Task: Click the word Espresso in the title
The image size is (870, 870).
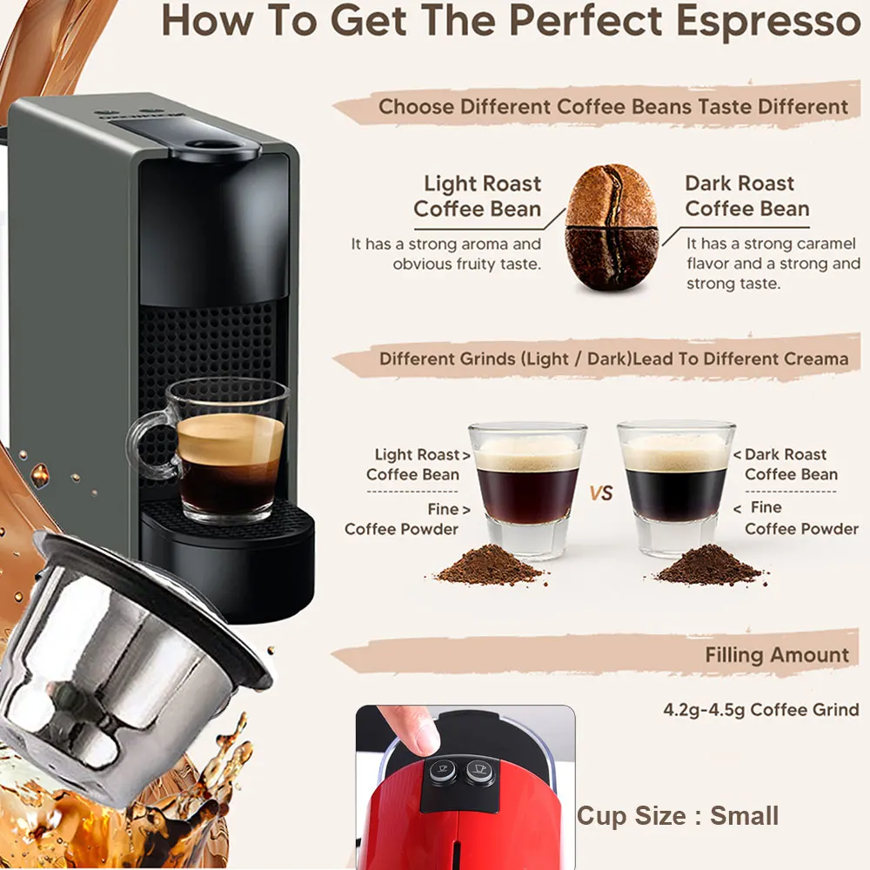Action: [768, 21]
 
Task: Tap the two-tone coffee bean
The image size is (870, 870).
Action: [612, 227]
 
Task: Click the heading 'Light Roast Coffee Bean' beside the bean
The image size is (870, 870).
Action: [478, 196]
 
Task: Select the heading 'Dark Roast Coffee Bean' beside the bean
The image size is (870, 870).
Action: [746, 196]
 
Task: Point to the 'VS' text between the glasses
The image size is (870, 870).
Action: [601, 492]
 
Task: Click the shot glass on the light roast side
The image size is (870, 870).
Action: [527, 489]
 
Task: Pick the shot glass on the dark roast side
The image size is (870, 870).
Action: [676, 487]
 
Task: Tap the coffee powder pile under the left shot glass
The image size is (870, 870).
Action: [489, 565]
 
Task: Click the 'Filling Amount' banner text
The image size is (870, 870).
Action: [777, 655]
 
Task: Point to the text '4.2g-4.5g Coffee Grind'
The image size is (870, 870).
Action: [760, 710]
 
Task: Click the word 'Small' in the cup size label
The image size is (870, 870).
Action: [744, 816]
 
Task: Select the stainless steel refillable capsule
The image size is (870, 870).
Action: [128, 666]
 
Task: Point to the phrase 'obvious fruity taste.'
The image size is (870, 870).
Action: [466, 264]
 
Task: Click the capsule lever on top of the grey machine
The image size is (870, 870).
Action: [214, 149]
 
